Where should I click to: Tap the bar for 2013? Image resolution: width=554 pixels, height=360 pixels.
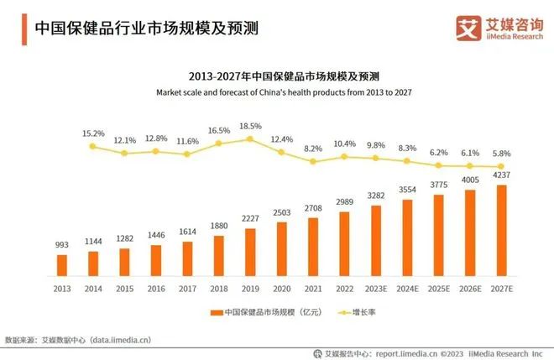point(62,264)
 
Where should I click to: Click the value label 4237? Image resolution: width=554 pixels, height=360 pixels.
point(501,176)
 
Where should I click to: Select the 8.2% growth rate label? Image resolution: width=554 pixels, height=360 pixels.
point(313,149)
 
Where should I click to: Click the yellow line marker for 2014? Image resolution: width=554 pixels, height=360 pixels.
point(93,146)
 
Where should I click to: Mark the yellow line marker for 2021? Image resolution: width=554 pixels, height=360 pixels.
point(313,161)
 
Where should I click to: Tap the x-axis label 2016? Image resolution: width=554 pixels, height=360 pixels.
point(156,288)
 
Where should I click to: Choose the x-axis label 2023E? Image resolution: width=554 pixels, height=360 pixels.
point(375,288)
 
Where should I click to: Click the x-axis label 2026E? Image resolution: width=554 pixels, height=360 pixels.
point(469,288)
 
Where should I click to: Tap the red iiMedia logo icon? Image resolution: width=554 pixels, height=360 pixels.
point(468,26)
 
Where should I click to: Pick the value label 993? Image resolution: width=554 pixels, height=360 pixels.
point(62,245)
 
